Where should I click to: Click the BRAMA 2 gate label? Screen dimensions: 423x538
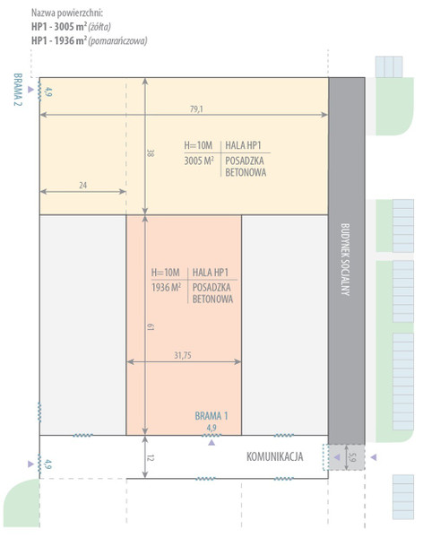tap(18, 90)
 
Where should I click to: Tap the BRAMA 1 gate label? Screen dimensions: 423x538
tap(211, 416)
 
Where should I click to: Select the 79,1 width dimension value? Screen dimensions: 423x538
tap(196, 109)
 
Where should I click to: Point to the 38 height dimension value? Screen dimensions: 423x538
tap(151, 152)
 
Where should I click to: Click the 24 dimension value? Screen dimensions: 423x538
tap(83, 186)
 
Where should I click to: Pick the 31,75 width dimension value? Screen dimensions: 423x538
tap(183, 355)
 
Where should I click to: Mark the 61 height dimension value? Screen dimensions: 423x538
tap(151, 326)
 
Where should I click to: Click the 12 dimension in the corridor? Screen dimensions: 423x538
tap(151, 457)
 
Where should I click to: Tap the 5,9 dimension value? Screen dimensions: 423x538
tap(352, 457)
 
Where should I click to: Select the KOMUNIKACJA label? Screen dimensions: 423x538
tap(275, 456)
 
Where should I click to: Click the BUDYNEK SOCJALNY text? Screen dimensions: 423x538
tap(345, 259)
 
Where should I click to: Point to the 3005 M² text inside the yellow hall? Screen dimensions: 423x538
tap(199, 161)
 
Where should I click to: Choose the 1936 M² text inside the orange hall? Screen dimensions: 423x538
tap(166, 287)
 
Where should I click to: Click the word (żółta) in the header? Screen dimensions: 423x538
tap(99, 27)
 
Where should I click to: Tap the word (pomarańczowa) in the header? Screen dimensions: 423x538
tap(117, 41)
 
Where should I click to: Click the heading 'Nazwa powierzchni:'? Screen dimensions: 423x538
tap(67, 13)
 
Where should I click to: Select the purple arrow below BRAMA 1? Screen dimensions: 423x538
tap(211, 443)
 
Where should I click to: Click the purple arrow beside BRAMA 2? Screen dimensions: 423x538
tap(30, 90)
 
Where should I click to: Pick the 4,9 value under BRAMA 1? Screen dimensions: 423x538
tap(211, 428)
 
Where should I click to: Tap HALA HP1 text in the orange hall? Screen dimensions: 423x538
tap(211, 273)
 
